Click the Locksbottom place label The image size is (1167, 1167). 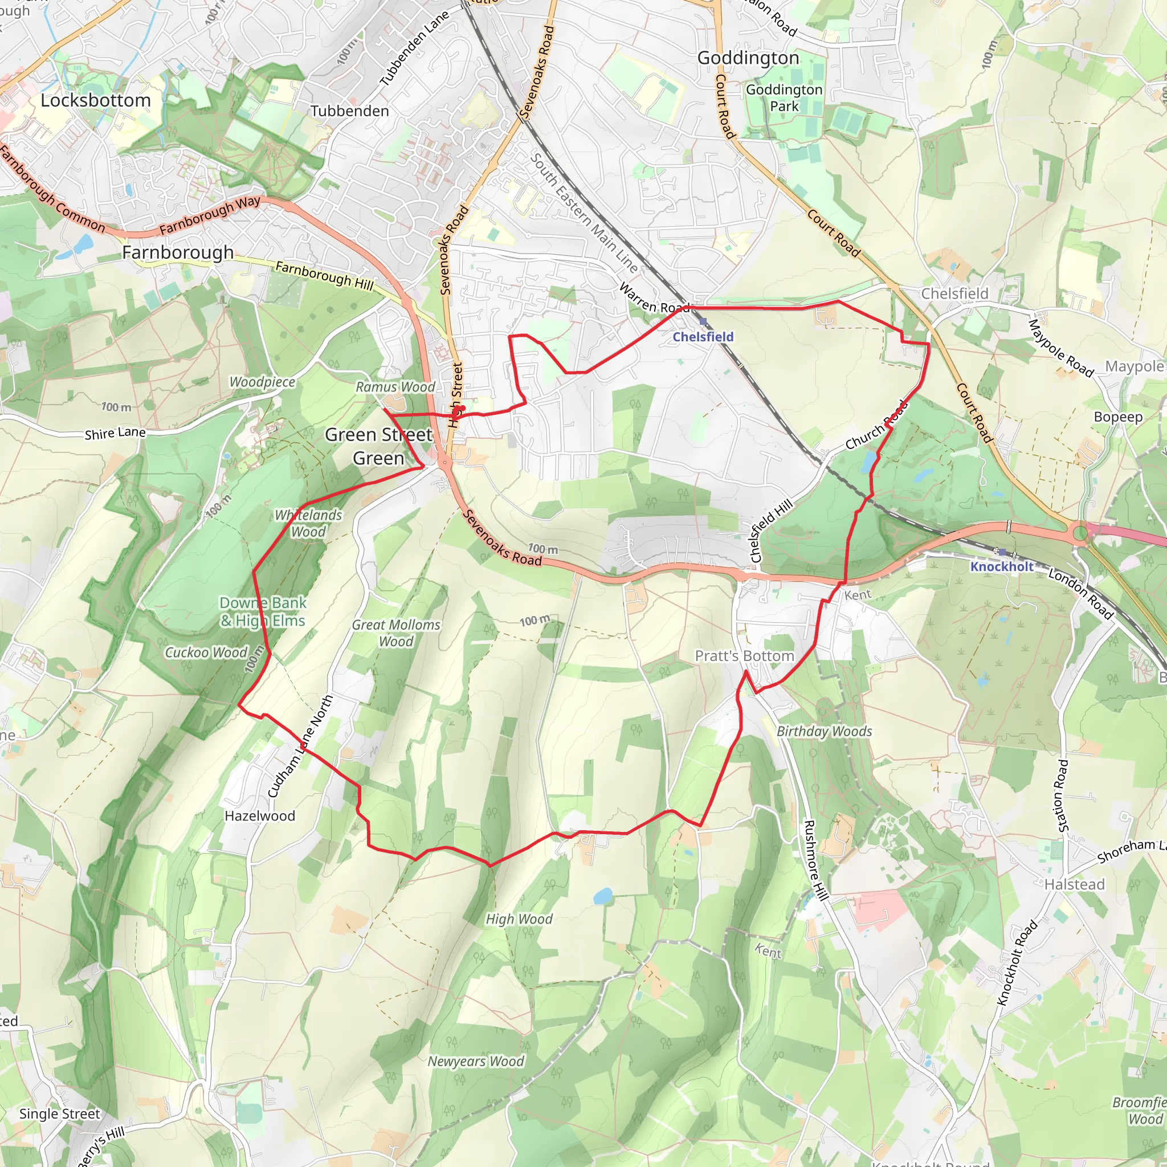coord(95,100)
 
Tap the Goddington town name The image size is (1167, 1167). coord(748,58)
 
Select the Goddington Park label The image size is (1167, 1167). coord(784,98)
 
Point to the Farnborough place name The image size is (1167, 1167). coord(178,252)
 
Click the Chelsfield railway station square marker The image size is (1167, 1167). coord(703,322)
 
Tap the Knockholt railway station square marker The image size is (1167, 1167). coord(1003,552)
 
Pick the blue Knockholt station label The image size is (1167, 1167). coord(1002,566)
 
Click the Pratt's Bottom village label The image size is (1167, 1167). coord(744,656)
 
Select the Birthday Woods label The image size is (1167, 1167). coord(824,732)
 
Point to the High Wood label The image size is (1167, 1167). coord(519,919)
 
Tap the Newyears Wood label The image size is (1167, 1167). coord(476,1061)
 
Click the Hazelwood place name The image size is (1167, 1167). coord(260,816)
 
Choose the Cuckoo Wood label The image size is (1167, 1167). coord(206,652)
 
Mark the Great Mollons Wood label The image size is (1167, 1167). coord(396,633)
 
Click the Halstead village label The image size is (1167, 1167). coord(1075,884)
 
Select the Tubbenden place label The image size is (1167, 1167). coord(350,111)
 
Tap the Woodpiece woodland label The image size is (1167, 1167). coord(262,382)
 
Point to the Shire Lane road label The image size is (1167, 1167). coord(115,433)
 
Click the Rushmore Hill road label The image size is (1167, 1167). coord(815,861)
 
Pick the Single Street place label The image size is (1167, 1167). coord(60,1113)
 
